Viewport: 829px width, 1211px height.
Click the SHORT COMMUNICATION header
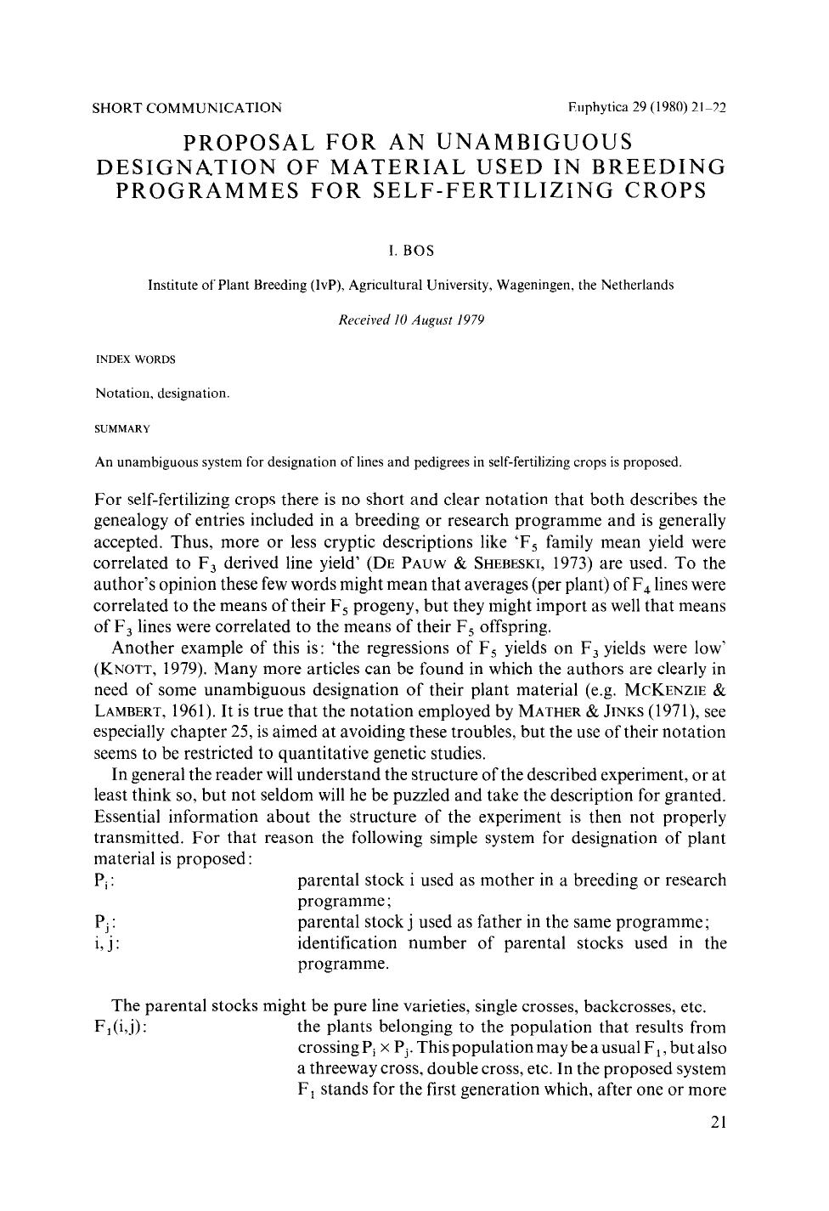187,108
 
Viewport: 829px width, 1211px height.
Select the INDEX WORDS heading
135,359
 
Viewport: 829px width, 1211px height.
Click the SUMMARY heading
122,427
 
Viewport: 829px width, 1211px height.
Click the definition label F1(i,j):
122,1027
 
